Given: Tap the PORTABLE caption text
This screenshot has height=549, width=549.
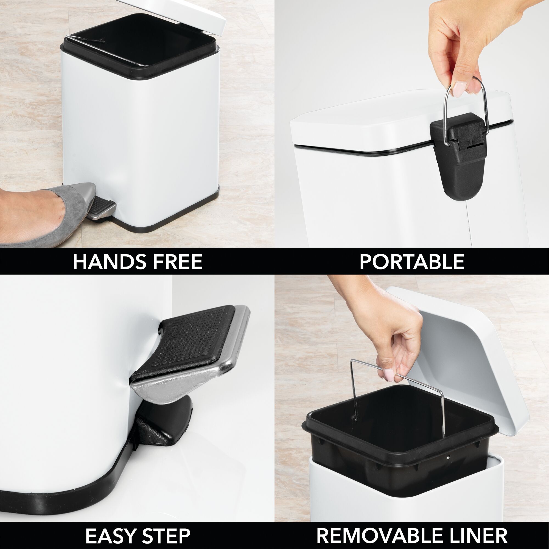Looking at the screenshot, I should click(x=412, y=262).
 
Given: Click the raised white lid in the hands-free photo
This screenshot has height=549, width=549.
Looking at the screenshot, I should click(x=199, y=14).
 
